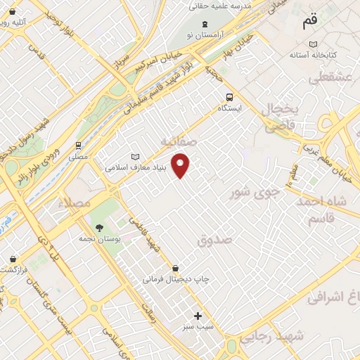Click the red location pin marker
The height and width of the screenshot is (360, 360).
pyautogui.click(x=181, y=165)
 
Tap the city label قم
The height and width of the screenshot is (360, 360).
pyautogui.click(x=310, y=21)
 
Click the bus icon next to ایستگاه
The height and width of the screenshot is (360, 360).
pyautogui.click(x=229, y=97)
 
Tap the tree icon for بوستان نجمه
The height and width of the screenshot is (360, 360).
pyautogui.click(x=98, y=227)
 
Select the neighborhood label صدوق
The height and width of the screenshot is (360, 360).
pyautogui.click(x=214, y=240)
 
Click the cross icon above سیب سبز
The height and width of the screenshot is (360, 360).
pyautogui.click(x=198, y=316)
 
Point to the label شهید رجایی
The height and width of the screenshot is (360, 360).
pyautogui.click(x=274, y=336)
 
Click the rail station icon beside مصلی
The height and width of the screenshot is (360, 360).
pyautogui.click(x=78, y=146)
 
